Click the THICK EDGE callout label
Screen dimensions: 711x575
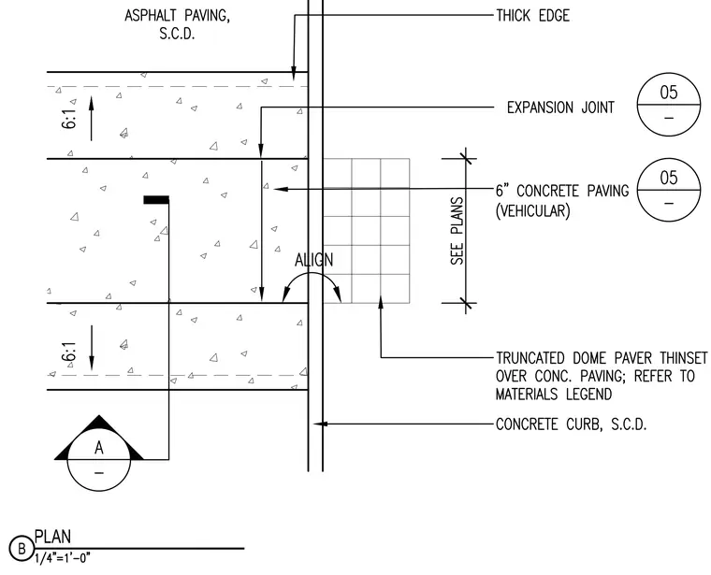[x=533, y=16]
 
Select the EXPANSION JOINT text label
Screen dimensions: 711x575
[x=560, y=108]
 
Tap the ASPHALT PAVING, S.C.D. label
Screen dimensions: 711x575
[x=178, y=24]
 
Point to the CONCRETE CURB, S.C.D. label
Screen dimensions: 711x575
[x=571, y=424]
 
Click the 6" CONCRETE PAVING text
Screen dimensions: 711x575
[x=562, y=191]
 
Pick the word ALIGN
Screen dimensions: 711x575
[x=313, y=260]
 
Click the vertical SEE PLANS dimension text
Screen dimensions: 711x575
[x=457, y=231]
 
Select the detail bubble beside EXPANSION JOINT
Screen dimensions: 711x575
[x=669, y=105]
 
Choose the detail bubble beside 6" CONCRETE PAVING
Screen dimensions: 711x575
[x=669, y=190]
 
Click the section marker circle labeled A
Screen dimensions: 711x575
[x=99, y=459]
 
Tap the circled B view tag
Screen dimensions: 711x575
[x=22, y=549]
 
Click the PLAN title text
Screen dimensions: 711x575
[x=53, y=537]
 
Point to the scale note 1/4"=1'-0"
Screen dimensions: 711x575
[x=63, y=558]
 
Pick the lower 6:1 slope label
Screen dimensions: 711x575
[x=69, y=352]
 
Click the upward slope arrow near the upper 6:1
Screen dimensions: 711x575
[x=91, y=118]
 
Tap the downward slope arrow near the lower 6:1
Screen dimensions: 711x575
[x=91, y=348]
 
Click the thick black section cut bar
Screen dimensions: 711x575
[x=156, y=200]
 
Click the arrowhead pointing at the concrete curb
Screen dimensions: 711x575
[x=321, y=424]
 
